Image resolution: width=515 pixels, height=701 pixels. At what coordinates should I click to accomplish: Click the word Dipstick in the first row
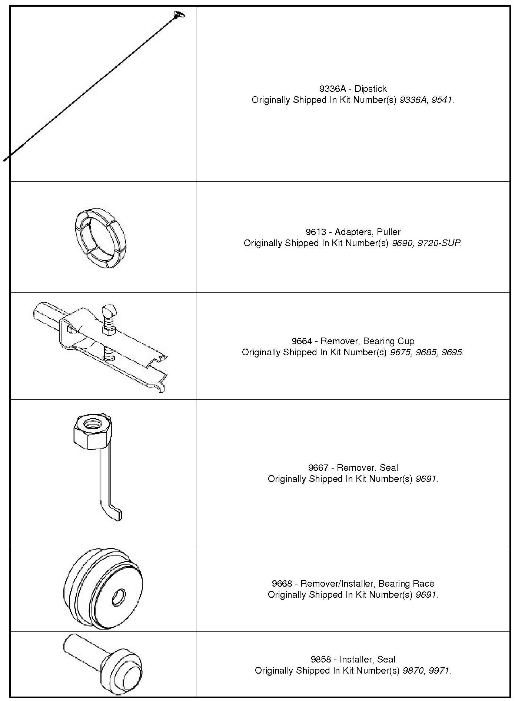[x=371, y=89]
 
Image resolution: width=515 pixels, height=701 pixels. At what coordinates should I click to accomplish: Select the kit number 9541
[x=442, y=100]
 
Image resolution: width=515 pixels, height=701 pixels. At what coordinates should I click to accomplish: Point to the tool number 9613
[x=315, y=232]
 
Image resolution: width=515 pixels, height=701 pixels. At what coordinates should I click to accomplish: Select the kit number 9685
[x=426, y=352]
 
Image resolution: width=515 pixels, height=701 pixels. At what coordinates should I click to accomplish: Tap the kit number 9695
[x=452, y=352]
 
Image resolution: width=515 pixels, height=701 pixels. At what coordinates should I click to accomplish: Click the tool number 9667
[x=318, y=468]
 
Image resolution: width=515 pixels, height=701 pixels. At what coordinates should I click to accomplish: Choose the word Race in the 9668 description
[x=422, y=584]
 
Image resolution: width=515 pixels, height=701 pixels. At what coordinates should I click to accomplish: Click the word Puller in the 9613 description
[x=389, y=232]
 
